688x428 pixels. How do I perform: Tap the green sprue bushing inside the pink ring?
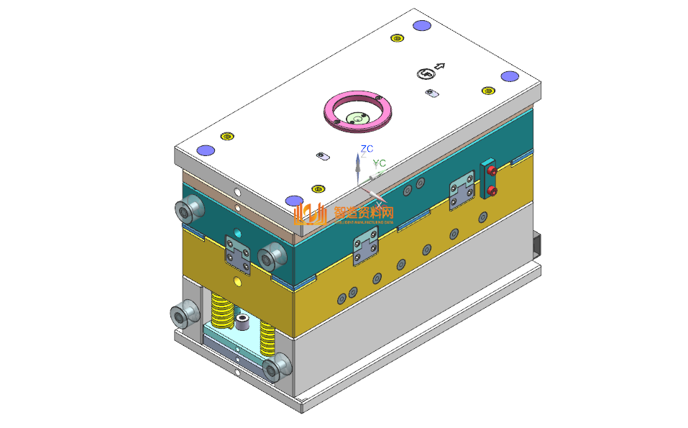(x=357, y=117)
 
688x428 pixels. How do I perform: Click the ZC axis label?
(x=367, y=149)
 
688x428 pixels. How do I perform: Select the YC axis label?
(x=379, y=164)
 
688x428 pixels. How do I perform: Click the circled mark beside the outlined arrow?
(x=426, y=73)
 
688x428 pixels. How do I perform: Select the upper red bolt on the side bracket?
(x=492, y=170)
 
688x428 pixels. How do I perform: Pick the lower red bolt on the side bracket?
(x=492, y=191)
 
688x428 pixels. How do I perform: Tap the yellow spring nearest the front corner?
(x=267, y=337)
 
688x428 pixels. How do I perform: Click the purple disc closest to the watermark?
(x=293, y=201)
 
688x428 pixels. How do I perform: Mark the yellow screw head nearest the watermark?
(x=318, y=189)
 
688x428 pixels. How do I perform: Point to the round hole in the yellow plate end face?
(x=238, y=279)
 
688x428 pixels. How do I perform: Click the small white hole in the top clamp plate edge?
(x=237, y=193)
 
